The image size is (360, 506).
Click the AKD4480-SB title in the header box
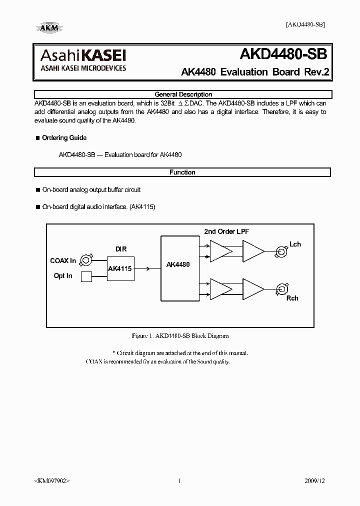tap(284, 54)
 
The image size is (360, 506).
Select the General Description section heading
tap(183, 94)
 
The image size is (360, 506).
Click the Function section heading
tap(182, 172)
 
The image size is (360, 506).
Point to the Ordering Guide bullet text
tap(64, 138)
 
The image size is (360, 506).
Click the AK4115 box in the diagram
tap(120, 269)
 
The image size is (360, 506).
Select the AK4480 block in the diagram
tap(178, 265)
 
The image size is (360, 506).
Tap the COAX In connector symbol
tap(86, 260)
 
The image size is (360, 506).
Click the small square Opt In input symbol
tap(86, 276)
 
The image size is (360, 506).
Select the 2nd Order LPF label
tap(226, 231)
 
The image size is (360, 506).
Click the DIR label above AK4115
tap(121, 249)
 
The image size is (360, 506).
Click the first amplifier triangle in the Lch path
tap(220, 249)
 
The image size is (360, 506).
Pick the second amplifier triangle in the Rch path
tap(253, 287)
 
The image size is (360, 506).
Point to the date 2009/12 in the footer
tap(314, 481)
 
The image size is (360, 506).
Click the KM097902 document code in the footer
tap(52, 481)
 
